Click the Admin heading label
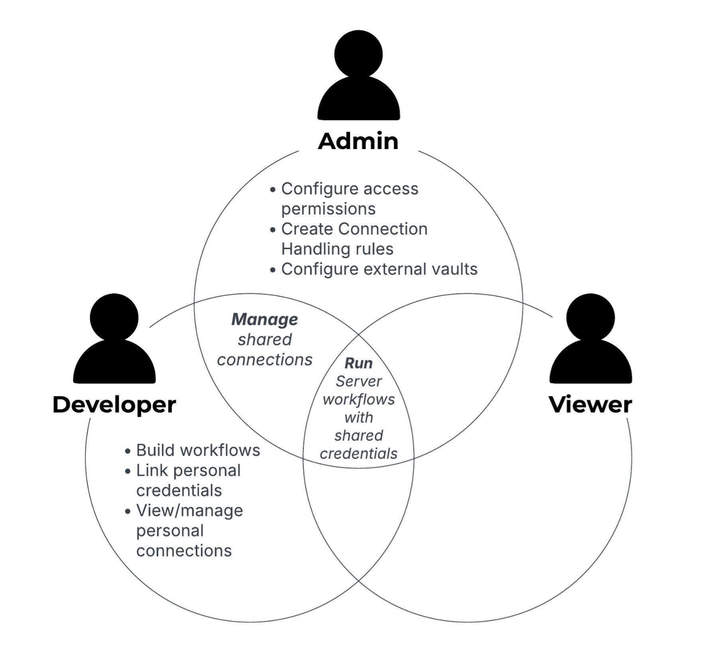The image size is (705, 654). tap(358, 141)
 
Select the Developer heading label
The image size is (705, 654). tap(114, 405)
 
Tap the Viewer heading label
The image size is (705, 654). tap(590, 405)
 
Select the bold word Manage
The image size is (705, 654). tap(265, 319)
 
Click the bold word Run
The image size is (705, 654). tap(358, 363)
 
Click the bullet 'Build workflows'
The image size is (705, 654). tap(198, 450)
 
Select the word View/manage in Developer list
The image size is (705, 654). tap(190, 510)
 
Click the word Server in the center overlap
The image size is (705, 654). tap(358, 381)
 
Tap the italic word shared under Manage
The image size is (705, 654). tap(265, 339)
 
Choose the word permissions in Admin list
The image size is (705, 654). tap(328, 209)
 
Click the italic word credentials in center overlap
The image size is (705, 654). tap(358, 454)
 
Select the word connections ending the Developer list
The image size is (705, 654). tap(184, 551)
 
